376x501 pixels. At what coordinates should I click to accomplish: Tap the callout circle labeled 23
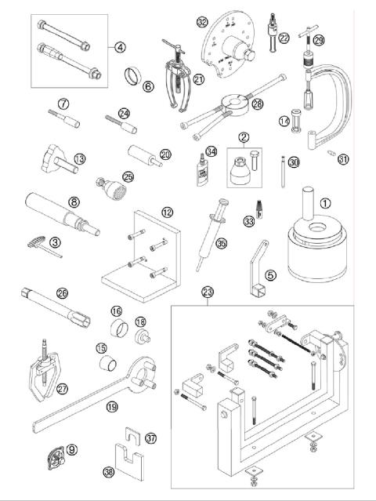(207, 293)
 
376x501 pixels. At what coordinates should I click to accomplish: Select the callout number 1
(325, 201)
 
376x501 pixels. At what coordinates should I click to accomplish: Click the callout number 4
(120, 47)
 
